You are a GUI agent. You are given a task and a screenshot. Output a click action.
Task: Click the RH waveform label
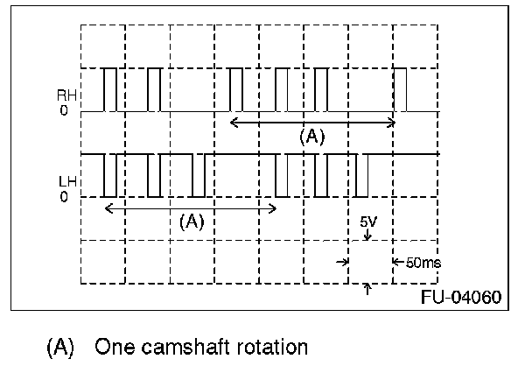point(66,95)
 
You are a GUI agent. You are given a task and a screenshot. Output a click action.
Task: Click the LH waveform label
point(67,182)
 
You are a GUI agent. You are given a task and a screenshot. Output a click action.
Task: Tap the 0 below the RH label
point(64,110)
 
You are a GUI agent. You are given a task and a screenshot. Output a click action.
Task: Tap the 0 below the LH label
point(64,197)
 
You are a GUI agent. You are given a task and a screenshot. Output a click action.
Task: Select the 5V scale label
point(368,222)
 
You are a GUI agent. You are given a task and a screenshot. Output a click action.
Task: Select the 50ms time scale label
point(423,263)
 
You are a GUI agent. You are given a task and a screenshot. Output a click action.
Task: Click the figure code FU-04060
point(461,297)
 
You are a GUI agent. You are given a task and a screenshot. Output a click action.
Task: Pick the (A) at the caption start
point(60,348)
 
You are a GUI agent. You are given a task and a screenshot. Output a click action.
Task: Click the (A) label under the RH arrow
point(312,137)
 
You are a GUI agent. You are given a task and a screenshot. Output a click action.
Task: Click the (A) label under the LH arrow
point(192,222)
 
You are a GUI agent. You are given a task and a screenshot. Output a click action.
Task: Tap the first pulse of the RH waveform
point(110,89)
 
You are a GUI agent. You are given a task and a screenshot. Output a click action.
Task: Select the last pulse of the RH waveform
point(400,89)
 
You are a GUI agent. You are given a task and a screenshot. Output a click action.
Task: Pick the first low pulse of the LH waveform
point(110,175)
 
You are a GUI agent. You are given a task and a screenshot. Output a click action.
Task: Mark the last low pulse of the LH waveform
point(361,175)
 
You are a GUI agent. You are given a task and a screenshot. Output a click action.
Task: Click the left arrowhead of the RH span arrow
point(234,123)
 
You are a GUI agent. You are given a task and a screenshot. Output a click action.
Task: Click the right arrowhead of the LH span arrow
point(273,208)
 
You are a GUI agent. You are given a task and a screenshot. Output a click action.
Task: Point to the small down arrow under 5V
point(367,235)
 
